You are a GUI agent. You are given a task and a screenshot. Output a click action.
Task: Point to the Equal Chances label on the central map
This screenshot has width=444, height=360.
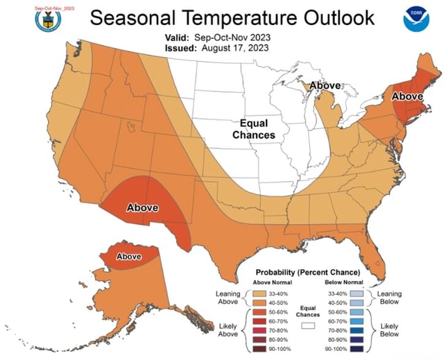point(253,128)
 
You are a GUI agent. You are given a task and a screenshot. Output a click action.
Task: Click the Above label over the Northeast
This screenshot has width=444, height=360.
point(409,96)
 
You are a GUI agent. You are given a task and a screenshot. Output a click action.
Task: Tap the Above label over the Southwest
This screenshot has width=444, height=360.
point(142,207)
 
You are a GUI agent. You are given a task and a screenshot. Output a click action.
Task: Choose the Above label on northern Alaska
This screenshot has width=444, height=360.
point(129,257)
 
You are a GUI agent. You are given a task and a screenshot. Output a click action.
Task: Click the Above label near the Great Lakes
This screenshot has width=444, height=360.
point(325,85)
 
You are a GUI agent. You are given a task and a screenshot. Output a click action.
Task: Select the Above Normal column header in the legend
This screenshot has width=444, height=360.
point(273,282)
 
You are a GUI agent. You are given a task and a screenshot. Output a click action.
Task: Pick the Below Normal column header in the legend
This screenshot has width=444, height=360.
point(343,282)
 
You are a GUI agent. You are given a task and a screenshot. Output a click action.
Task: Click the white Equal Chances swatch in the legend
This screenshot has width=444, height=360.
point(308,324)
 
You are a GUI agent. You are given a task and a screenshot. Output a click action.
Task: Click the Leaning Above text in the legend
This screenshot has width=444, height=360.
point(228,298)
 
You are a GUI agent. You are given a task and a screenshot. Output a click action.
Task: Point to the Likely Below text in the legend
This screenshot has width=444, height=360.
point(389,329)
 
